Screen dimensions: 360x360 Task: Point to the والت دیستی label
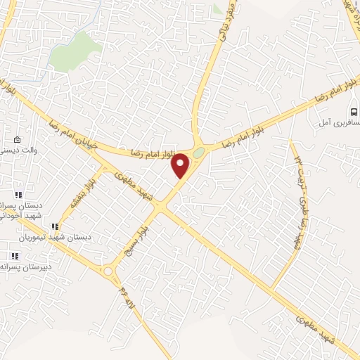[x=14, y=150]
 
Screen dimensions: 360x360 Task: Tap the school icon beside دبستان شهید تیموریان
[x=55, y=226]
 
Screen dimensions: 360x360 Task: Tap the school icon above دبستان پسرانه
[x=19, y=195]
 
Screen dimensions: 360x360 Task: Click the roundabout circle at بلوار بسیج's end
[x=108, y=271]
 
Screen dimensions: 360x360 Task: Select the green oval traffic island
[x=200, y=153]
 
